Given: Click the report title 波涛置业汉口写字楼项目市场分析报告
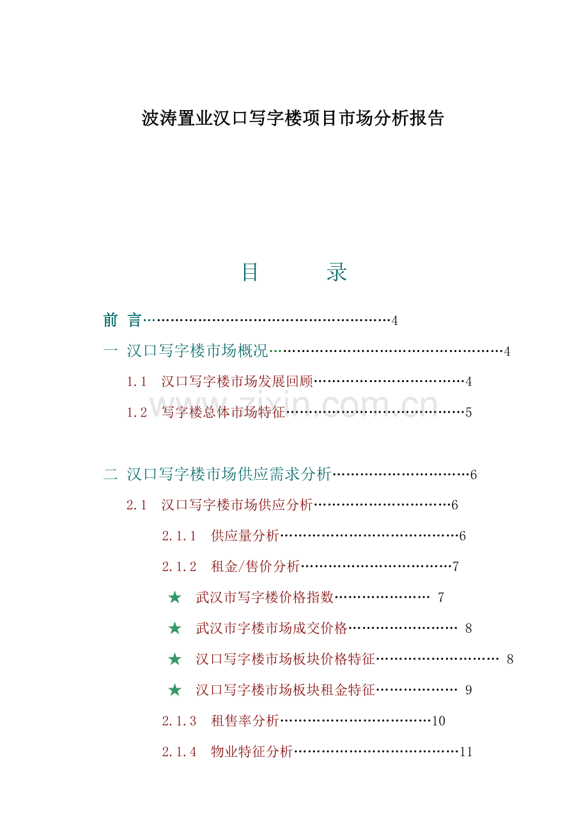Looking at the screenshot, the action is point(292,118).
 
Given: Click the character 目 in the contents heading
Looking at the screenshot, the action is point(250,272).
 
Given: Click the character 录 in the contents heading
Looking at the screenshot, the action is point(337,272).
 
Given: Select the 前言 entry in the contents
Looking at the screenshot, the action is point(122,320).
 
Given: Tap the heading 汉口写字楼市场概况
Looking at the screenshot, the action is point(197,351).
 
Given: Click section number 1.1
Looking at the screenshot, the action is point(136,381).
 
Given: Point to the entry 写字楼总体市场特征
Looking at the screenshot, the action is point(223,412).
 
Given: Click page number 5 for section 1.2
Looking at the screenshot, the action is point(468,413).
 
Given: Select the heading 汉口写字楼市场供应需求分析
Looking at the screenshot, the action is point(229,474).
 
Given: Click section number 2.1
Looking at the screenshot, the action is point(136,505).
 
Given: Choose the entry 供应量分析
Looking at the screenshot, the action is point(245,536).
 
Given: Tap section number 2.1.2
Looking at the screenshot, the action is point(179,567).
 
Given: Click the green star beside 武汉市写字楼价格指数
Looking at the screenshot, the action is point(174,598).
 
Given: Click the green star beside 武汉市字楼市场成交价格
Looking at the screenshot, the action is point(174,628).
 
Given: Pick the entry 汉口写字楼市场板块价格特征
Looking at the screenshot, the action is point(285,659).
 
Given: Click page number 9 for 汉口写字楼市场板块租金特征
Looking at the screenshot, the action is point(468,690).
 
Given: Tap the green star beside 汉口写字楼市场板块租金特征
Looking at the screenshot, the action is point(174,690).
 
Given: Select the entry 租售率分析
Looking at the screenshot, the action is point(245,720).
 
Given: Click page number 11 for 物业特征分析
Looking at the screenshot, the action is point(466,752).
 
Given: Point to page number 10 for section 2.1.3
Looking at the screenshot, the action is point(438,721).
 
